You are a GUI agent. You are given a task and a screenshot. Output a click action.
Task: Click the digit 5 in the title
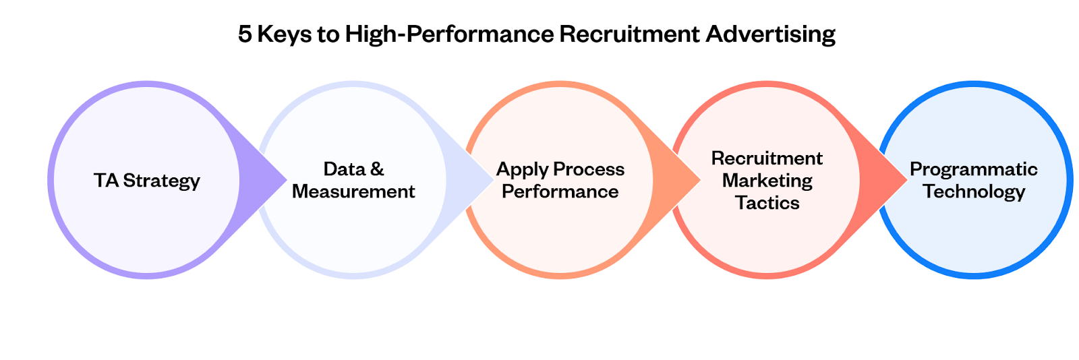click(x=245, y=34)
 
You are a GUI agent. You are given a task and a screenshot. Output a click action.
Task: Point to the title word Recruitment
click(x=629, y=34)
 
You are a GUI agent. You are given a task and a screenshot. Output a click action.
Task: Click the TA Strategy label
click(x=147, y=181)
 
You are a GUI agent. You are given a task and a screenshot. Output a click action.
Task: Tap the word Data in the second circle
click(x=345, y=169)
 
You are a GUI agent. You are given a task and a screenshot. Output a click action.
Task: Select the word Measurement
click(x=353, y=191)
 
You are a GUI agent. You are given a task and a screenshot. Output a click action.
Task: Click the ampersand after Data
click(x=377, y=169)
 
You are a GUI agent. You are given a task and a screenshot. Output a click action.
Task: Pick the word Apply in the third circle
click(x=521, y=170)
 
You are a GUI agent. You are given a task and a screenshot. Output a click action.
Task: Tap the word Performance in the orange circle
click(x=560, y=191)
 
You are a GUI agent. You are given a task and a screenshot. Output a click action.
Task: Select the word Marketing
click(x=767, y=181)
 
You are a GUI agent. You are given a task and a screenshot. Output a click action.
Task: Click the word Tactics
click(x=767, y=203)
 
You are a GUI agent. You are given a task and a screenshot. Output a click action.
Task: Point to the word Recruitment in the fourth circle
click(x=767, y=158)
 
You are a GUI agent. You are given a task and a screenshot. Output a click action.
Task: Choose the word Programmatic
click(x=973, y=169)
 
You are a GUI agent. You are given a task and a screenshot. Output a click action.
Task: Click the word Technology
click(x=973, y=192)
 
